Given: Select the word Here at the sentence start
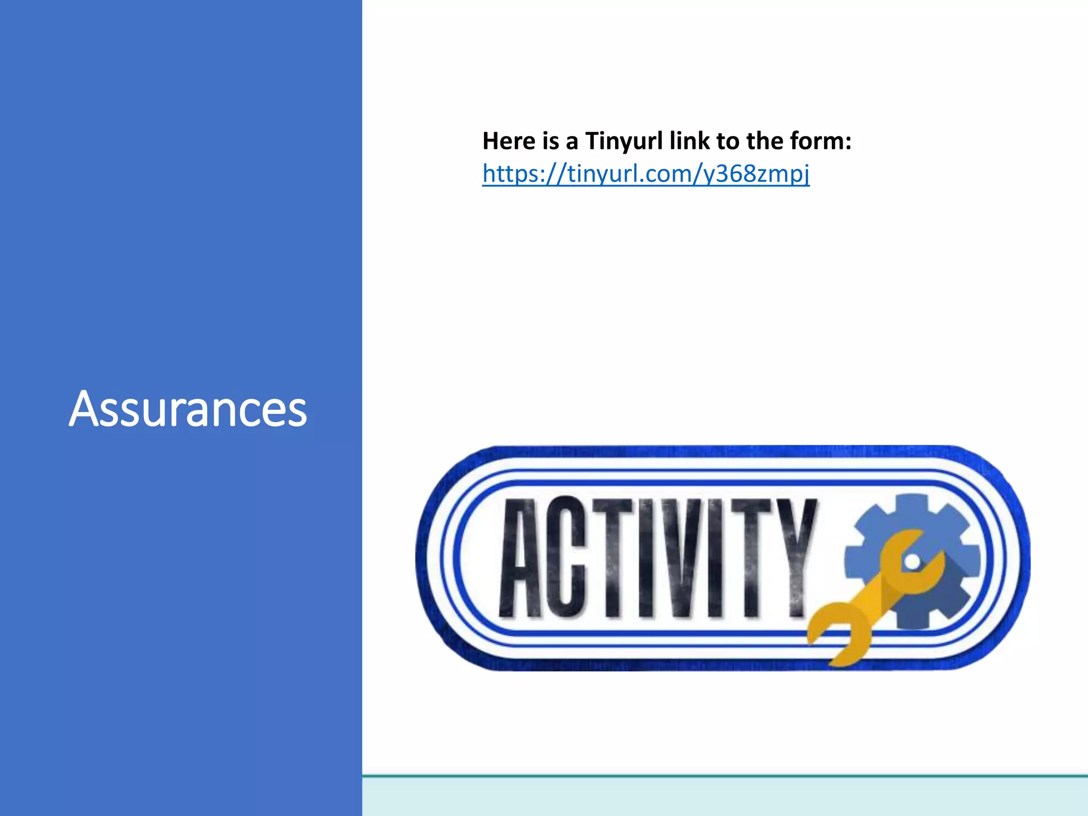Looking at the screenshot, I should (x=509, y=141).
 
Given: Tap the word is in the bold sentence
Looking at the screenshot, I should (x=550, y=141).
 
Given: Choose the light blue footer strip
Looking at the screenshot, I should (x=725, y=797).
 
